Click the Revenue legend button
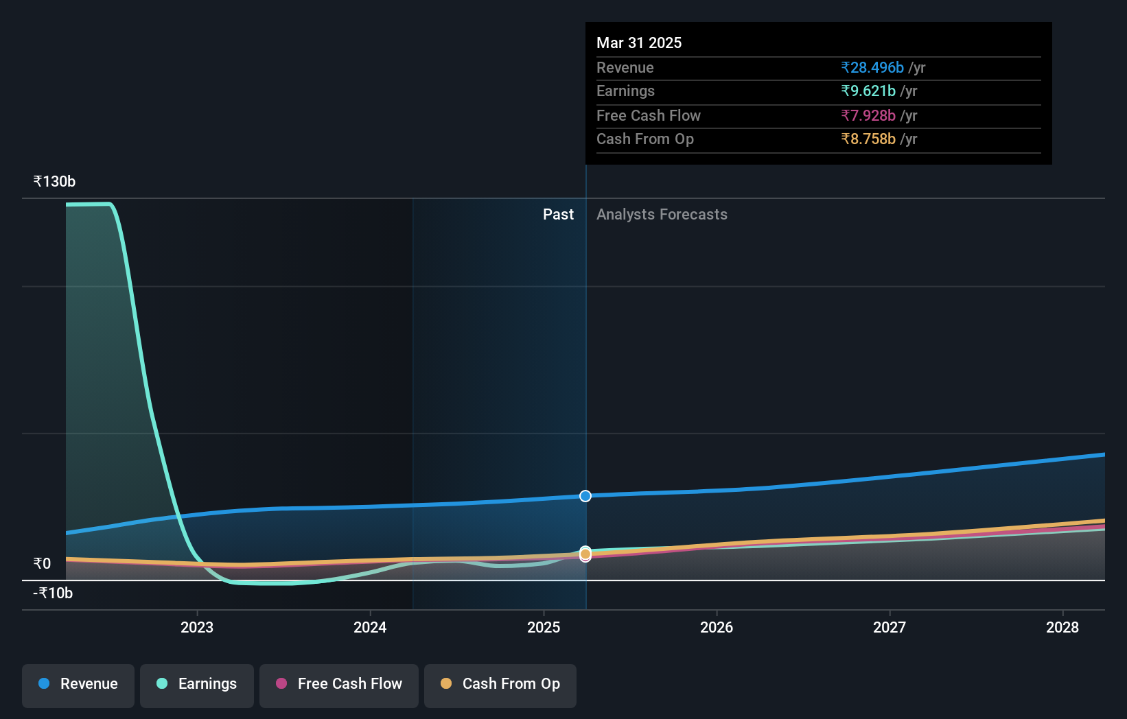click(x=78, y=685)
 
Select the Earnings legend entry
click(x=197, y=685)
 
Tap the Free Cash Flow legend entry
click(x=339, y=685)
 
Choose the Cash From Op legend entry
click(x=500, y=685)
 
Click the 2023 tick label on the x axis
click(x=197, y=627)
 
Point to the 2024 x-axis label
click(x=370, y=627)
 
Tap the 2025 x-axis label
click(x=544, y=627)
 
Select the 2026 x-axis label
click(x=717, y=627)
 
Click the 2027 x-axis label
click(x=890, y=627)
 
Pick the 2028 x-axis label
click(x=1062, y=627)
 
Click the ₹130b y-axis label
click(x=54, y=182)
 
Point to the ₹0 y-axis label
click(x=43, y=564)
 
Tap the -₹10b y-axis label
click(x=53, y=593)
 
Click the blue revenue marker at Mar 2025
click(x=585, y=496)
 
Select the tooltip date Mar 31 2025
click(x=639, y=43)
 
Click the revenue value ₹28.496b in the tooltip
click(x=872, y=68)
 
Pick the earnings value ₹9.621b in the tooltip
click(x=868, y=91)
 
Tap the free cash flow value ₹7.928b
click(x=868, y=116)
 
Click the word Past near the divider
click(x=558, y=215)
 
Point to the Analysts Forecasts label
click(x=662, y=215)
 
